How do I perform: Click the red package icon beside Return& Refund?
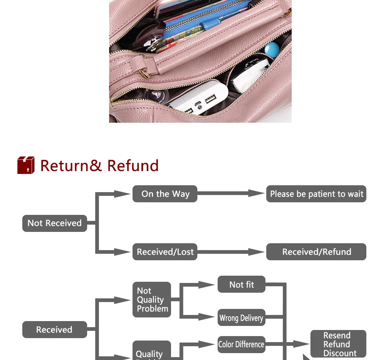(26, 165)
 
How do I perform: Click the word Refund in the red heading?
(133, 166)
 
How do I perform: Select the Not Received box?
(54, 223)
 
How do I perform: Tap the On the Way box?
(165, 194)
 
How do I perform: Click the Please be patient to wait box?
(316, 194)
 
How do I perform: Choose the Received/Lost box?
(165, 252)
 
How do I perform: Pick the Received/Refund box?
(316, 252)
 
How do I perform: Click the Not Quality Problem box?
(152, 300)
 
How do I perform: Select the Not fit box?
(242, 285)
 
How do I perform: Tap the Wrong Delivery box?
(241, 318)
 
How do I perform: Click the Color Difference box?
(241, 345)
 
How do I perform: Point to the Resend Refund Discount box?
(338, 344)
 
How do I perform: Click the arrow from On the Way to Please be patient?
(231, 194)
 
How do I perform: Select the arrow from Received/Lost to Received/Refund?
(231, 252)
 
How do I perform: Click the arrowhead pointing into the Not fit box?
(209, 285)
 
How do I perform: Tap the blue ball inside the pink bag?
(271, 50)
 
